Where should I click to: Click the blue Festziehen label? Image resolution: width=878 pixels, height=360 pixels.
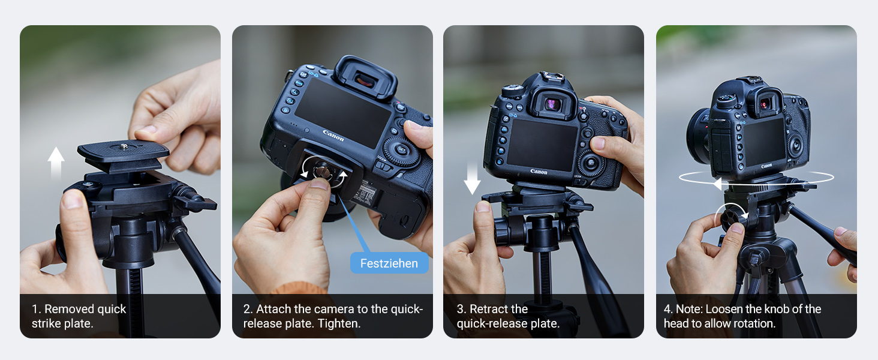click(389, 263)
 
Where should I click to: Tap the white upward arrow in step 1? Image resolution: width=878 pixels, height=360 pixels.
click(56, 163)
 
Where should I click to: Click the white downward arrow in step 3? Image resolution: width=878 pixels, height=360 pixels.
click(472, 178)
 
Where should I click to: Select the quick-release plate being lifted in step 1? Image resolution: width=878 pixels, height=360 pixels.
click(123, 155)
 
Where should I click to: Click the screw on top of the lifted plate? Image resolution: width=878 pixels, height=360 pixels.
click(124, 147)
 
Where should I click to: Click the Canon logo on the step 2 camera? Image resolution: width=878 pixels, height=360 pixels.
click(333, 135)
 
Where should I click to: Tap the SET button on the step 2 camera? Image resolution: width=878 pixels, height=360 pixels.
click(402, 149)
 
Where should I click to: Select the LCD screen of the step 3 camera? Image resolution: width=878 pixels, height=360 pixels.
click(542, 145)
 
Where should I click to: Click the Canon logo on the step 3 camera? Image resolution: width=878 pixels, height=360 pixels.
click(539, 172)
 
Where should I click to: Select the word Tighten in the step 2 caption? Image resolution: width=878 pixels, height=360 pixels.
click(339, 323)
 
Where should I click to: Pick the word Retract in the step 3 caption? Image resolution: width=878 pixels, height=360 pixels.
click(489, 309)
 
